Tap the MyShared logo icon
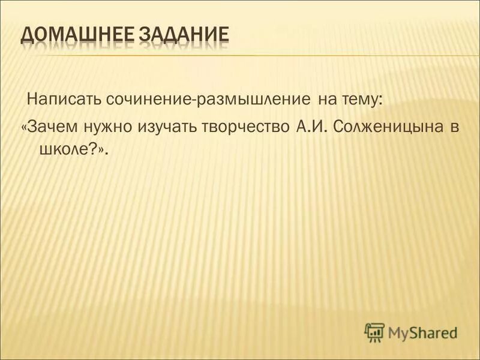tap(374, 331)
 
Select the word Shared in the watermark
tap(434, 332)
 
